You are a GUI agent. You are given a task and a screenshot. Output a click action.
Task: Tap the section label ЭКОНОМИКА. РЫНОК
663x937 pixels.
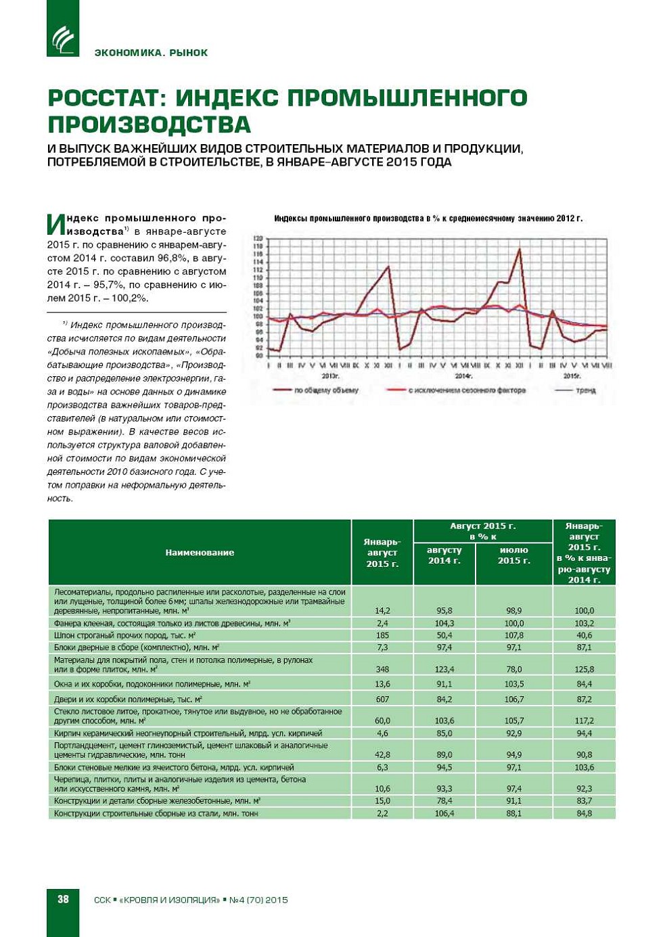point(151,53)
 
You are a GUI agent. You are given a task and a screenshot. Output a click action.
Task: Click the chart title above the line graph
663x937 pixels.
point(428,219)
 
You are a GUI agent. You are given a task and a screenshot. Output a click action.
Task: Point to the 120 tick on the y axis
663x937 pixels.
point(258,239)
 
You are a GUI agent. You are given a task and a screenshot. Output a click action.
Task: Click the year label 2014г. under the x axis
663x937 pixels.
point(463,375)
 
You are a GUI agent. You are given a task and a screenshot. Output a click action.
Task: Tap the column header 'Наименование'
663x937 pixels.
point(200,553)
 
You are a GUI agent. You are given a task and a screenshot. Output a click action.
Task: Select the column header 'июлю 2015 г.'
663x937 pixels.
point(513,555)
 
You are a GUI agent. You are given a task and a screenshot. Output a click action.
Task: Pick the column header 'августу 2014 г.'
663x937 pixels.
point(444,555)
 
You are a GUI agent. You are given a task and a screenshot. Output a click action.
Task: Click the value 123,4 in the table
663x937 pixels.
point(444,669)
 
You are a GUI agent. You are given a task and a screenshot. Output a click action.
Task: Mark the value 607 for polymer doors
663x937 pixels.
point(382,699)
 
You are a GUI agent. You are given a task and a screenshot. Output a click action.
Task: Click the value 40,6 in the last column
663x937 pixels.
point(584,635)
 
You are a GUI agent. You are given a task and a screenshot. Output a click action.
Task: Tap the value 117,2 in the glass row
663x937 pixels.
point(584,721)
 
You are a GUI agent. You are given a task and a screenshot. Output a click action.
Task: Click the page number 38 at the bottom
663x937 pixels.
point(63,899)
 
